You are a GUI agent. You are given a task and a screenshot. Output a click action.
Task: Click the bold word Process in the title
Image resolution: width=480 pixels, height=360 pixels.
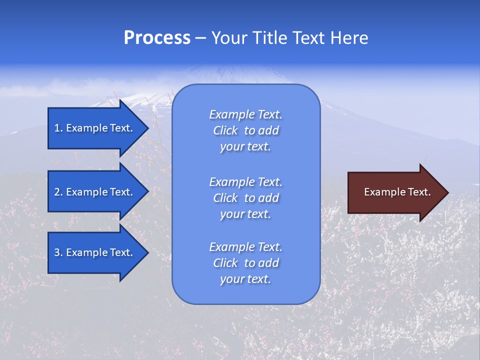coord(157,38)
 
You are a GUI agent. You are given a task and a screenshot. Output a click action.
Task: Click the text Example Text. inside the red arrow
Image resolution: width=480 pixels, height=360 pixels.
coord(397,192)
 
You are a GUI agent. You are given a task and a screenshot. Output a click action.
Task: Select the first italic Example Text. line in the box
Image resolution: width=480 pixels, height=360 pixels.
coord(245,114)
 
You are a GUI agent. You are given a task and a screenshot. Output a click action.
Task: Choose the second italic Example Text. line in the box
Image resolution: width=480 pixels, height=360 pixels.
coord(245,181)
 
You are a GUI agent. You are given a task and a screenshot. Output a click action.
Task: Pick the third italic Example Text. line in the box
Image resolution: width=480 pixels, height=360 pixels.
coord(245,247)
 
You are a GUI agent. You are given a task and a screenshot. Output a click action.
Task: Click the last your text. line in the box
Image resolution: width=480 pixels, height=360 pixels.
coord(245,279)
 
